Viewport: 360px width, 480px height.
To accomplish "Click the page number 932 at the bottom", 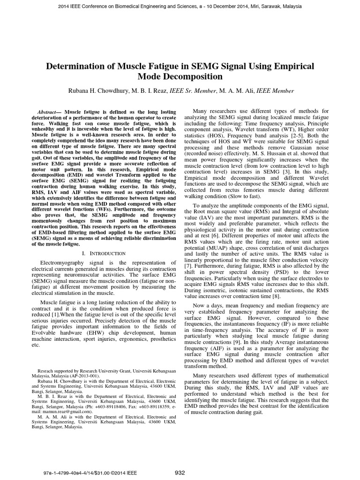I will (180, 472).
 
